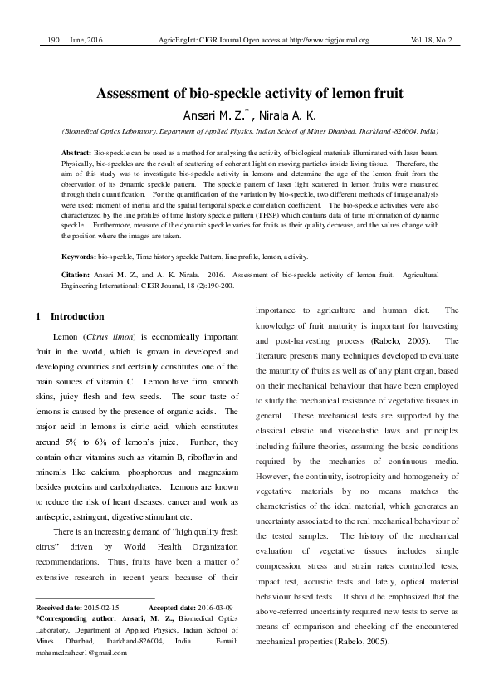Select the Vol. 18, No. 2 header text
[x=431, y=40]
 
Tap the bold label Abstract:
[x=78, y=154]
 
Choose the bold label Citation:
[x=78, y=274]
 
